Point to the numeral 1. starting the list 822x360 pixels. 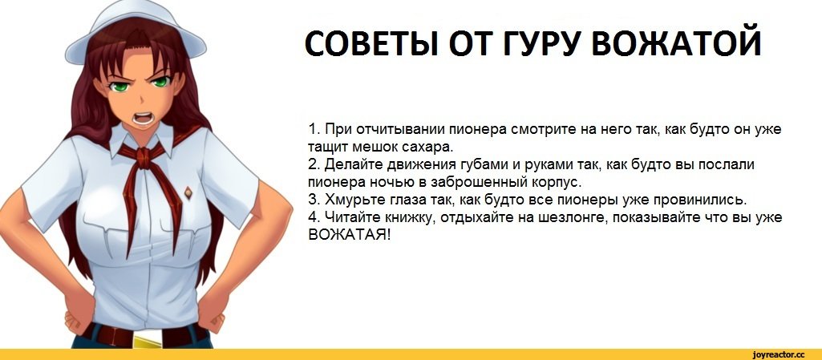pos(314,128)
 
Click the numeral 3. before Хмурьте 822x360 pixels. pos(314,200)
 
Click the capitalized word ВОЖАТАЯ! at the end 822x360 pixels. pos(349,235)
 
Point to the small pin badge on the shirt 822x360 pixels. pos(188,193)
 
